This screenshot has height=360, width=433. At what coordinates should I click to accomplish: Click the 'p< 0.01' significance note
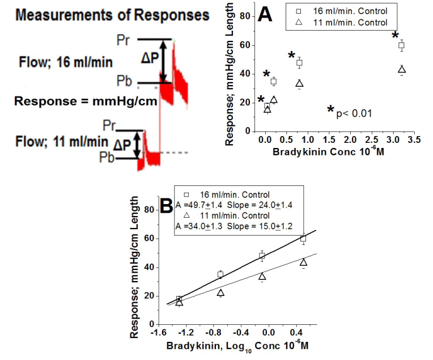click(x=354, y=113)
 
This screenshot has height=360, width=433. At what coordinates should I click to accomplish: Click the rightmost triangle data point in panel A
click(x=402, y=70)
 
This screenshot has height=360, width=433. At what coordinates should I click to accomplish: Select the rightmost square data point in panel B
click(x=304, y=239)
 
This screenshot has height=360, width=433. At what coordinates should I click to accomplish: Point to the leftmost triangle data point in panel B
click(x=179, y=303)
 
